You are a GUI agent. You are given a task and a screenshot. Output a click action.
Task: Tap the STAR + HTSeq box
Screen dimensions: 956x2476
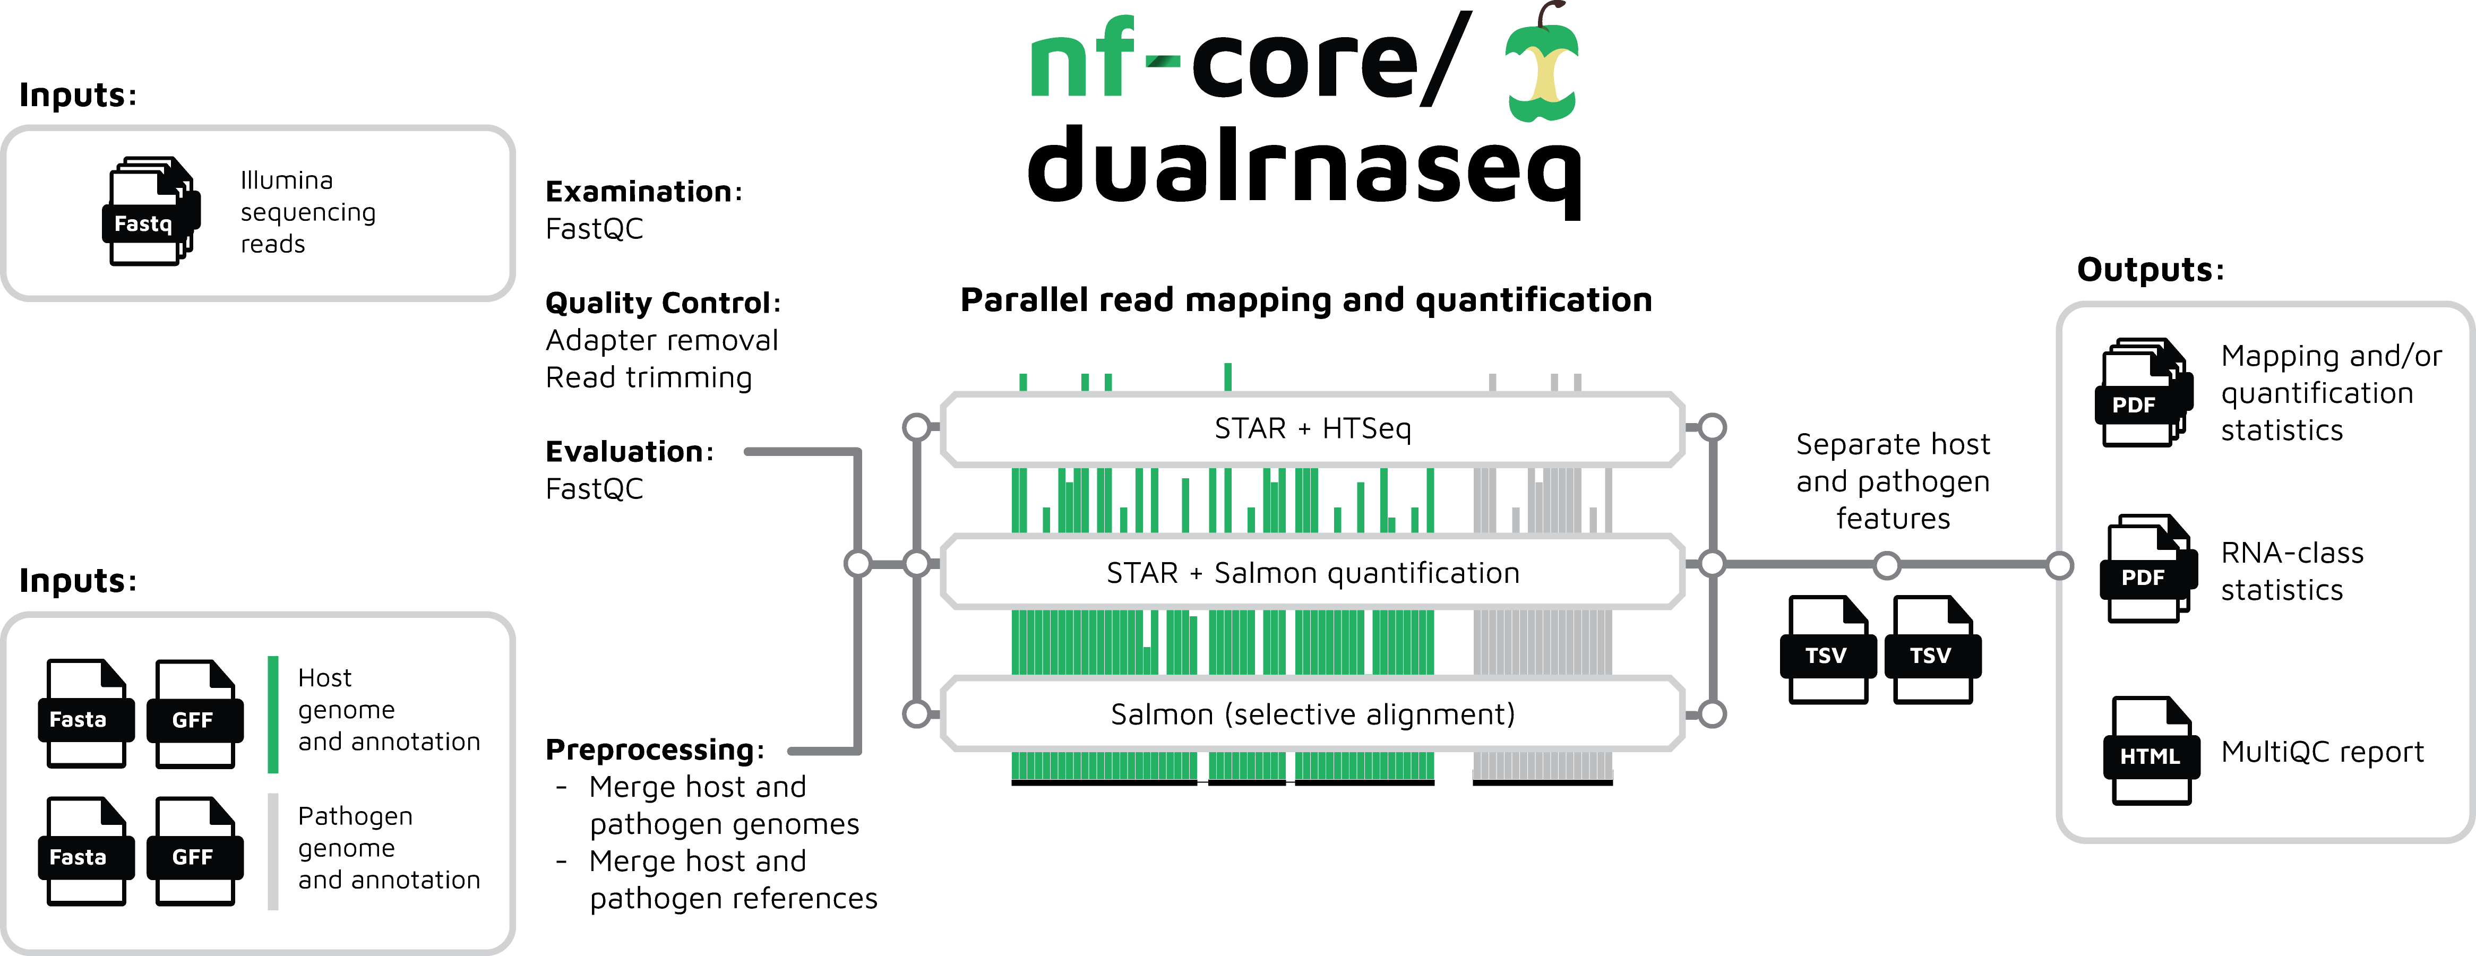coord(1312,428)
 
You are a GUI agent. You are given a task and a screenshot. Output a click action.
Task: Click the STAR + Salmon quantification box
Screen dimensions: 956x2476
coord(1312,573)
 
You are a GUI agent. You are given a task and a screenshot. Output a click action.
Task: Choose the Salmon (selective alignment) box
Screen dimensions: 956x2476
coord(1312,714)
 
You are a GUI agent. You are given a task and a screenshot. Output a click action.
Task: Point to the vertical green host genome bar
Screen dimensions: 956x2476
coord(273,714)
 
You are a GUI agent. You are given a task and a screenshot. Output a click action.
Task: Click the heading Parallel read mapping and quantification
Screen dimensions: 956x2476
coord(1305,300)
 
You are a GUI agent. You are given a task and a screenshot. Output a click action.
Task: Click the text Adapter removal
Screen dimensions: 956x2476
coord(661,340)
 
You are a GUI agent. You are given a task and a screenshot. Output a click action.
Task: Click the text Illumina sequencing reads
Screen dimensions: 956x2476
coord(307,211)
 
